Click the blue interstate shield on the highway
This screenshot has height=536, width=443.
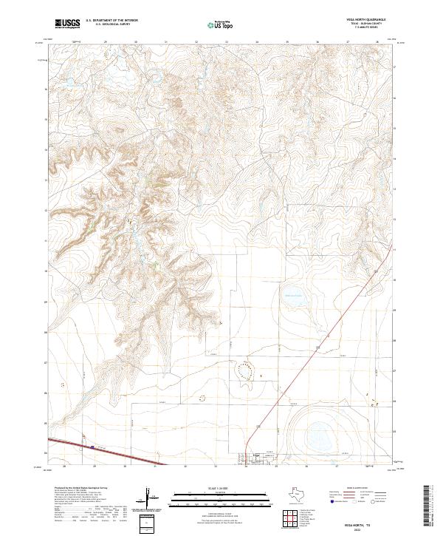[92, 447]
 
